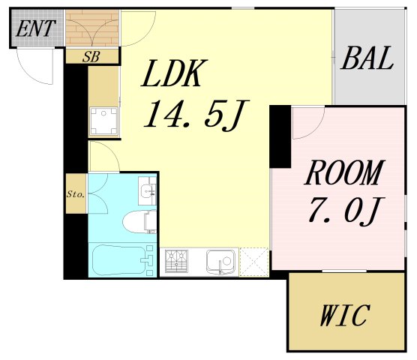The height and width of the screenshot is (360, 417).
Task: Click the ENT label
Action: click(35, 28)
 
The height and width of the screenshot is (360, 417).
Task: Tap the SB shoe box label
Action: click(91, 57)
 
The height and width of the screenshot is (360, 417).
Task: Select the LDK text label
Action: click(175, 73)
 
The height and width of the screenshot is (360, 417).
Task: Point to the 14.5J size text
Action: click(196, 115)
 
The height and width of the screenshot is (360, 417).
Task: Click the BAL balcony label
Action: click(367, 58)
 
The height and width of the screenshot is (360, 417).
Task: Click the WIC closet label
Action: click(345, 316)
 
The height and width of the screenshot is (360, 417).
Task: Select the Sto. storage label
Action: click(76, 194)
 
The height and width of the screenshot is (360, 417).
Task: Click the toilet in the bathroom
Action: click(139, 221)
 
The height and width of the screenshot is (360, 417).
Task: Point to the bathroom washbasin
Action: click(147, 191)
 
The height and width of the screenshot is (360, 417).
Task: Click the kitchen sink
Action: click(220, 262)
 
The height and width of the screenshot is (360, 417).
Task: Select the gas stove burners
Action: click(176, 261)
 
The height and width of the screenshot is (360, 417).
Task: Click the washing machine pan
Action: click(103, 121)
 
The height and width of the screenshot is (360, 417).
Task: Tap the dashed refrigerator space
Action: click(254, 262)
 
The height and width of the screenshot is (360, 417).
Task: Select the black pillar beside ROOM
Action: click(280, 136)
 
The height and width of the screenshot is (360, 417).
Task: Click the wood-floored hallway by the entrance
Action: click(92, 28)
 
